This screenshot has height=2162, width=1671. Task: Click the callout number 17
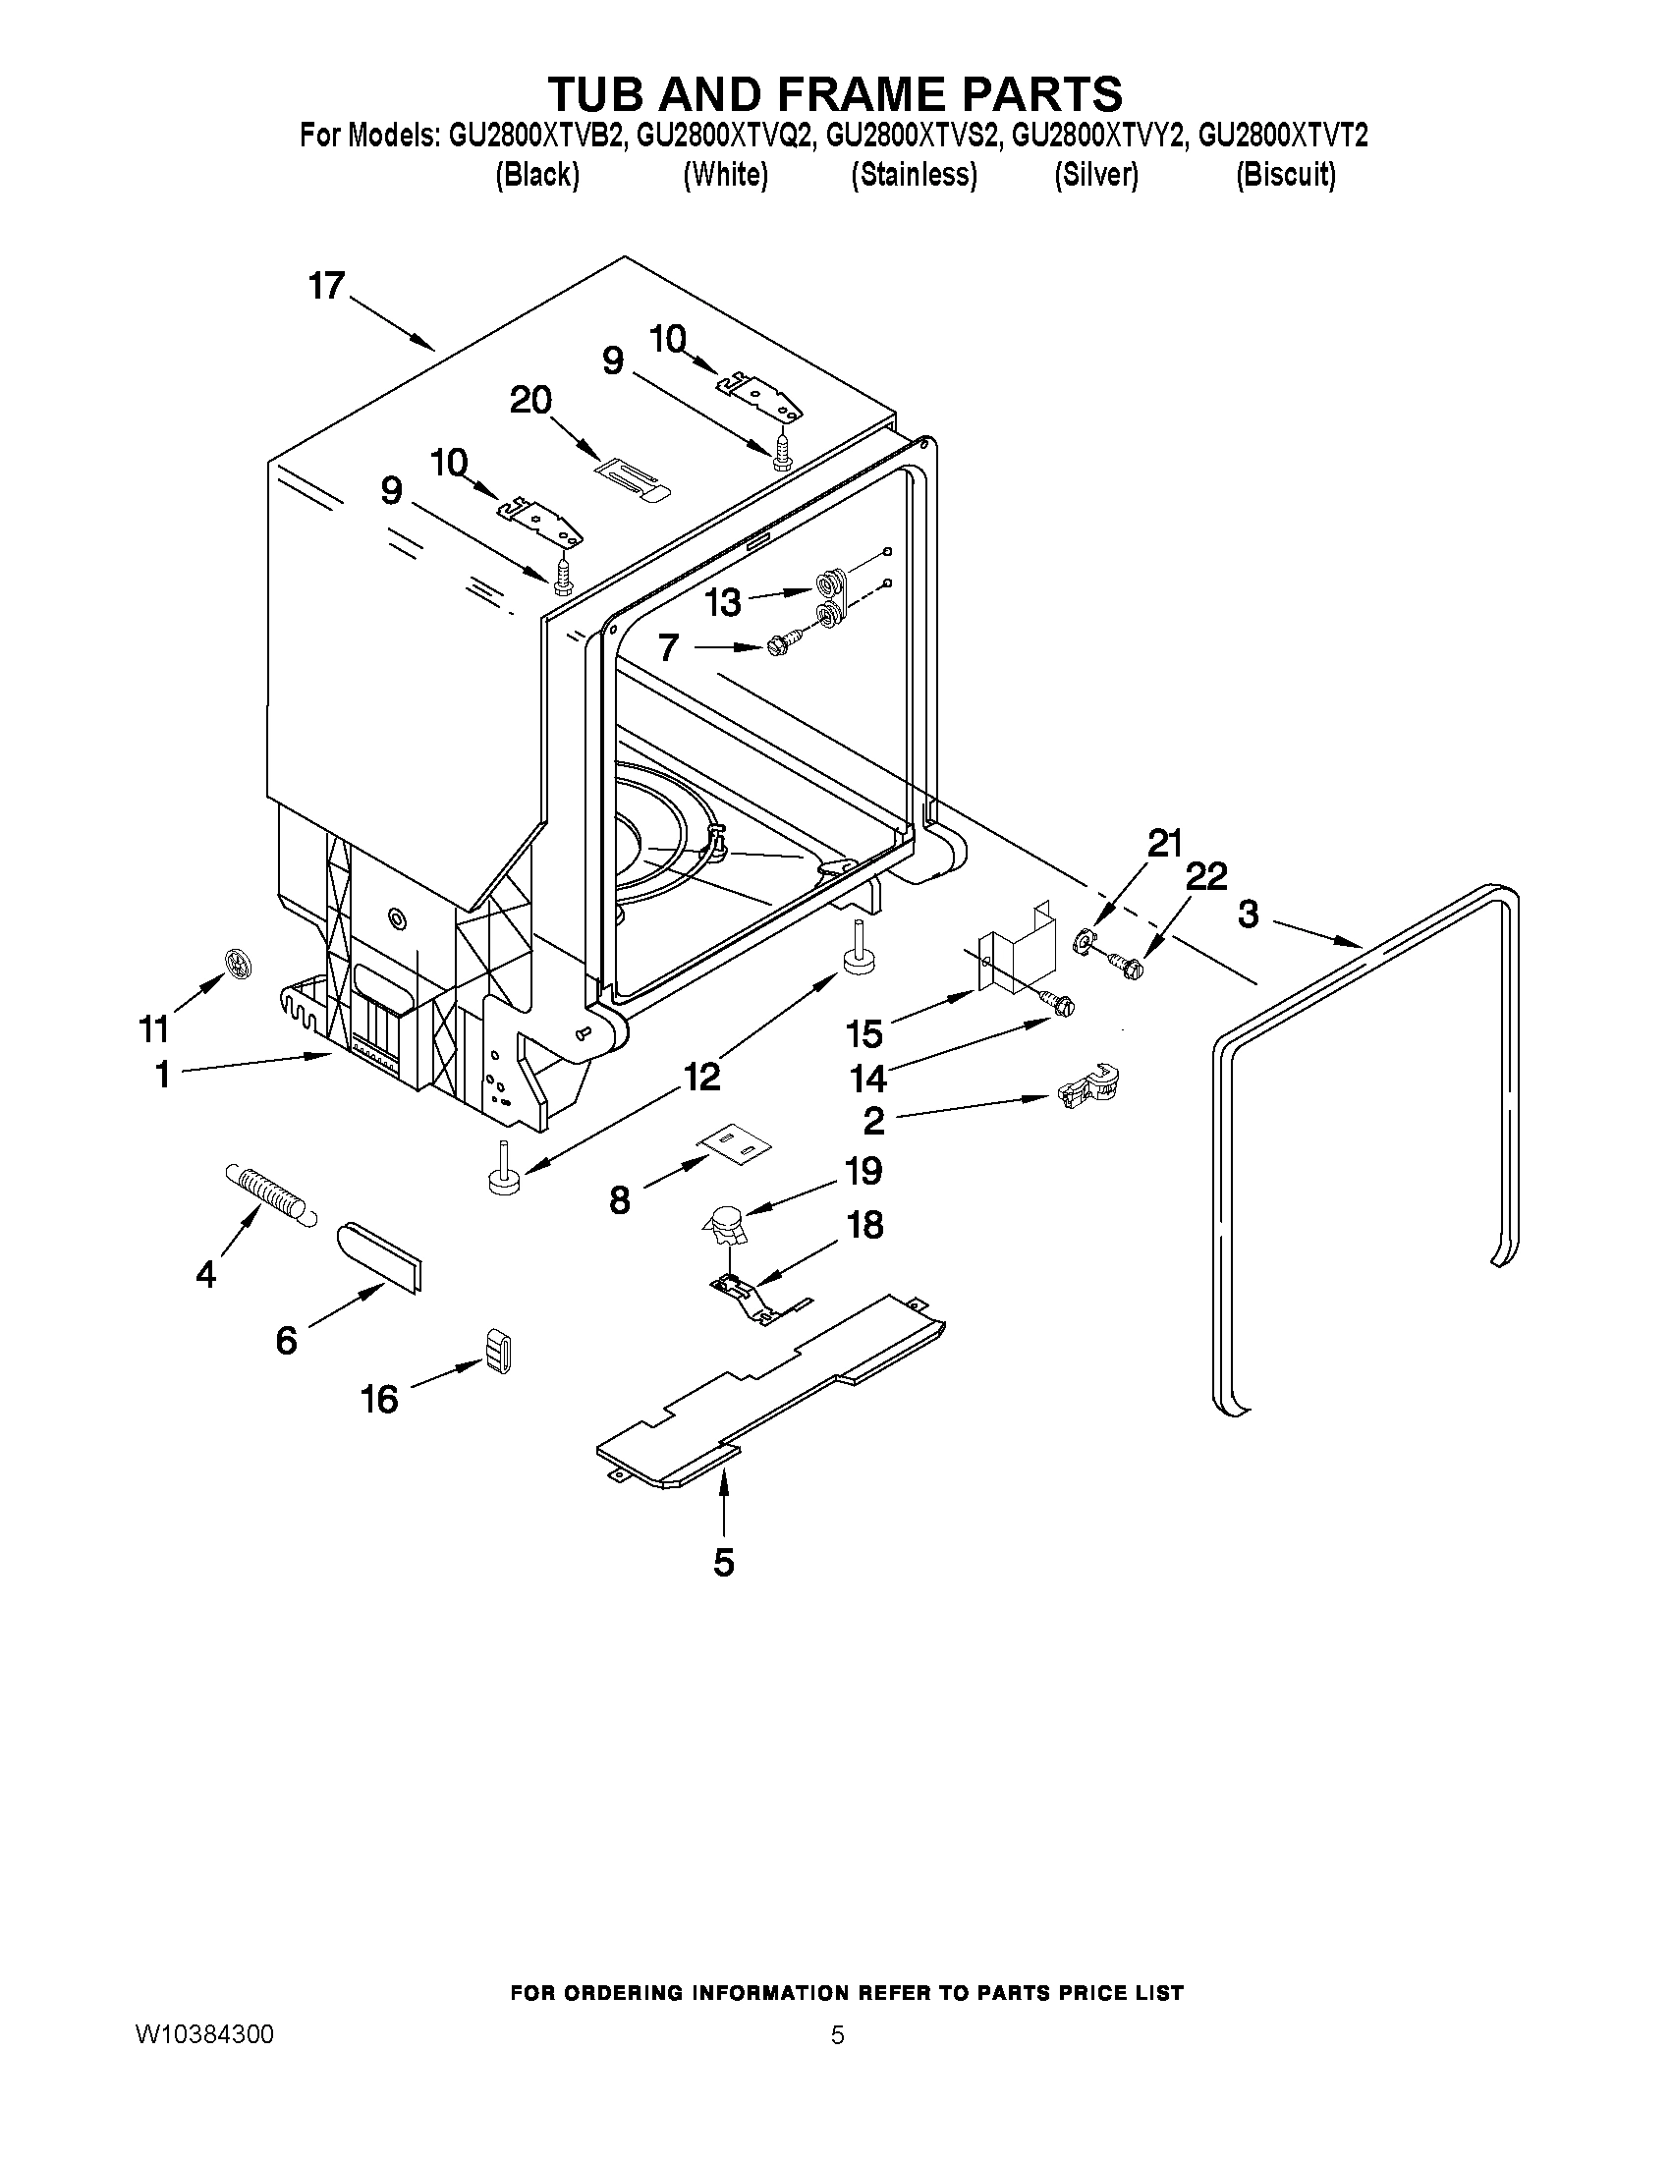326,286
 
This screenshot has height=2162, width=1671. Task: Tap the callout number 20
530,401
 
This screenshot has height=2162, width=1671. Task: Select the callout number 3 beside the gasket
1249,914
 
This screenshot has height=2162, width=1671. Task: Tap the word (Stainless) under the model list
914,175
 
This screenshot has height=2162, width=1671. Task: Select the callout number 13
723,601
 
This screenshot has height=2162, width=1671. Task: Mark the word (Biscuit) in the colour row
1285,175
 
